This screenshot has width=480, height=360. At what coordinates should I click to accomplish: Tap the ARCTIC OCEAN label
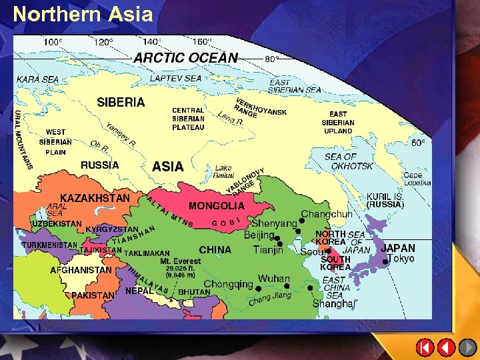pos(185,58)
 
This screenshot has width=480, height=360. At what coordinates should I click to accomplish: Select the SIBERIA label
pos(121,102)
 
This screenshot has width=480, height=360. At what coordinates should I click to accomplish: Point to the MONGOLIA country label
pos(217,206)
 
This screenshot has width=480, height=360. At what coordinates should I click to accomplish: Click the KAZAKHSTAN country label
pos(95,198)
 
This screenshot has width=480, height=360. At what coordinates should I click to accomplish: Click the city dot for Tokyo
pos(386,262)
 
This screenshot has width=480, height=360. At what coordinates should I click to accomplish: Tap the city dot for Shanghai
pos(311,288)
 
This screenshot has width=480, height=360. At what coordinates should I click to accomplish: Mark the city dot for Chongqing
pos(258,288)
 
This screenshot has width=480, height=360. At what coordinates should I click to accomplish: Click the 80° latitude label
pos(272,59)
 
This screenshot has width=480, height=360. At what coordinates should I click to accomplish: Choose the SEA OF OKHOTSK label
pos(350,161)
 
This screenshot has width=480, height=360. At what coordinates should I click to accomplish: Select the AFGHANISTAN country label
pos(81,271)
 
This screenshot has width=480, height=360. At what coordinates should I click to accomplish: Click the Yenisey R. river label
pos(121,135)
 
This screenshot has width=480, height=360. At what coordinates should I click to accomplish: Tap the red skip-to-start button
pos(425,347)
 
